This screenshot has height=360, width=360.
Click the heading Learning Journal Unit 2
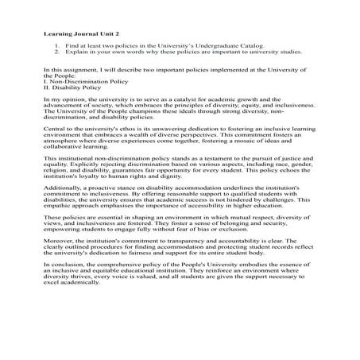[73, 37]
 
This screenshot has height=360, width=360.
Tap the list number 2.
[57, 56]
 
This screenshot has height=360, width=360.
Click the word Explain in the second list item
[76, 56]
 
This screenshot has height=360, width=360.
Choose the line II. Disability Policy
[68, 88]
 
